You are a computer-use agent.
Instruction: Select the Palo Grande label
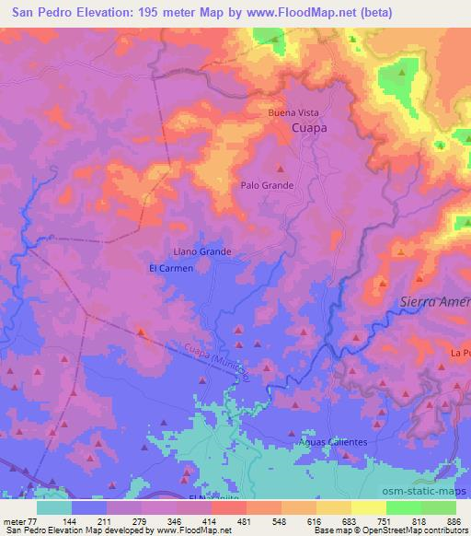pos(268,185)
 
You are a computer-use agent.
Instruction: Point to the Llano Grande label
pos(201,251)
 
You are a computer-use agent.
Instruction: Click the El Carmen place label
pos(167,268)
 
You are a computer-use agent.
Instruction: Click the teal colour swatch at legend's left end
pos(54,507)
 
